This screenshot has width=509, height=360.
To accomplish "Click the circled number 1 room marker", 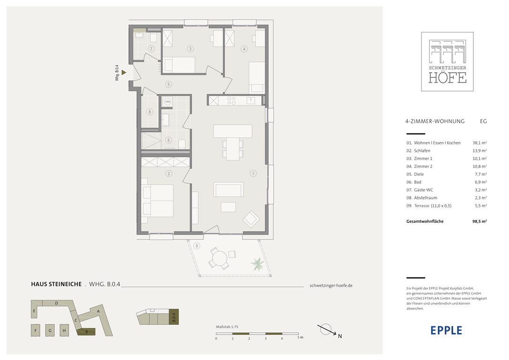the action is (253, 173).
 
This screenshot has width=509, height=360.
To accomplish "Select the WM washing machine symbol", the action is (167, 102).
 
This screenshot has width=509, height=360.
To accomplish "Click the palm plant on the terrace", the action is (257, 264).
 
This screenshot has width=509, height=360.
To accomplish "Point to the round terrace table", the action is (219, 259).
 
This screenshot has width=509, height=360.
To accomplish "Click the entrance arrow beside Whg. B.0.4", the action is (124, 73).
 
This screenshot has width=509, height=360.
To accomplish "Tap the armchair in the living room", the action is (251, 219).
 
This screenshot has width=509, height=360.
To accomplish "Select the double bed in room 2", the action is (158, 201).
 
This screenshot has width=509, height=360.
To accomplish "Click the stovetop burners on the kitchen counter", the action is (231, 101).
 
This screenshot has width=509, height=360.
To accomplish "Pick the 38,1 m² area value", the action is (479, 143).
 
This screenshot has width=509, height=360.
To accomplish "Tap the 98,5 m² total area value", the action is (479, 221).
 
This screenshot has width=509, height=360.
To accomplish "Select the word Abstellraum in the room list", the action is (426, 198).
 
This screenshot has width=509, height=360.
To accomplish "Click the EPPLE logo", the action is (446, 330).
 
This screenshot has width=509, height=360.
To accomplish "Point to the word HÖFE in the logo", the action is (447, 77).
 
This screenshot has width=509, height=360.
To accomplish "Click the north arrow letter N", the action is (340, 336).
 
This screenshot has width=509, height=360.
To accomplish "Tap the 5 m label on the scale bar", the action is (300, 337).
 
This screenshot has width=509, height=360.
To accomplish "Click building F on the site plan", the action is (35, 330).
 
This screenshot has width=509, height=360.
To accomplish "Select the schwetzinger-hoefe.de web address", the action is (331, 285).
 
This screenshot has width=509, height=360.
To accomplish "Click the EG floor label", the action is (483, 121).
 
